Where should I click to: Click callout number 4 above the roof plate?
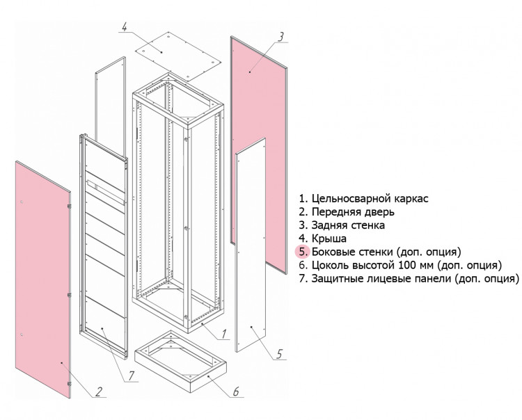tap(123, 27)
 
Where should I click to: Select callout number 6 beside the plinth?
tap(235, 392)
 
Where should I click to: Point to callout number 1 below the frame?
tap(225, 334)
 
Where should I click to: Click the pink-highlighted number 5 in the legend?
tap(302, 251)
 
